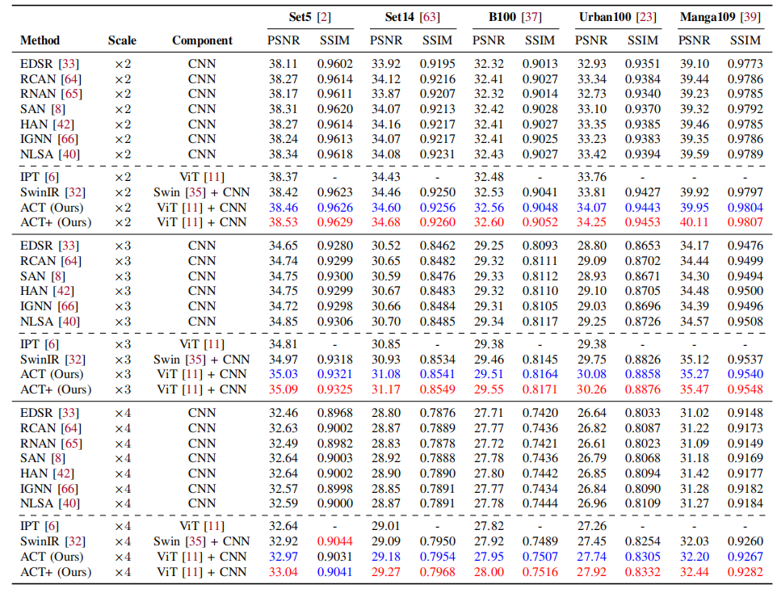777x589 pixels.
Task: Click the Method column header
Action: click(x=40, y=40)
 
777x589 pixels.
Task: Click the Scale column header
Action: click(x=122, y=40)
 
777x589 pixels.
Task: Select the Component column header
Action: click(x=202, y=40)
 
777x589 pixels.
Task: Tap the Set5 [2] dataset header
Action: click(x=309, y=17)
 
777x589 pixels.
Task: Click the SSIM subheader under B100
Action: click(x=540, y=40)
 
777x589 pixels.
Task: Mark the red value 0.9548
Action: click(x=745, y=389)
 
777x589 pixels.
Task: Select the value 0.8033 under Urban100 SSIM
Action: click(x=642, y=413)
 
